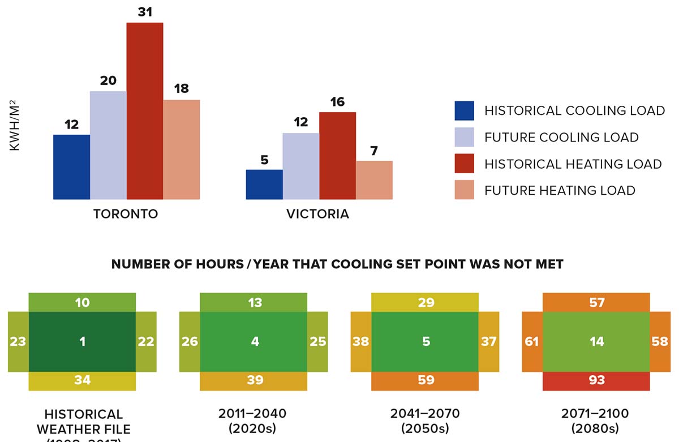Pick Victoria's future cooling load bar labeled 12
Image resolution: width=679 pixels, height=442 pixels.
(x=300, y=166)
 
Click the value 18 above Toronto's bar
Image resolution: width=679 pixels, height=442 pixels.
(x=182, y=89)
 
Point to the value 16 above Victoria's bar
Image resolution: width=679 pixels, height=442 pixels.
(x=337, y=102)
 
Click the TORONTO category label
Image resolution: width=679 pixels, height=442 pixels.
(x=126, y=214)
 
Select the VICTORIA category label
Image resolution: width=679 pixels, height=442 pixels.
(x=317, y=214)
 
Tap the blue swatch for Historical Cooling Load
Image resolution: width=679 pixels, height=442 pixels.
(x=465, y=111)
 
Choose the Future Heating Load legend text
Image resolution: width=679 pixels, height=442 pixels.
(x=560, y=191)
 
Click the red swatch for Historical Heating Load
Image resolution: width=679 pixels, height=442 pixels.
(x=465, y=164)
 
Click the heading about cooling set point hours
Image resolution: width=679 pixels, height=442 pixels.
(x=337, y=264)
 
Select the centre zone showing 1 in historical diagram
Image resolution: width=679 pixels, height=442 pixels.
(x=83, y=341)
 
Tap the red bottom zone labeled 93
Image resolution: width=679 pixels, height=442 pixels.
(x=596, y=381)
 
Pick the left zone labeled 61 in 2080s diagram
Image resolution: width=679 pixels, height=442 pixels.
(x=532, y=341)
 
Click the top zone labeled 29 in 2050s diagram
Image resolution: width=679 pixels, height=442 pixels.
(x=425, y=303)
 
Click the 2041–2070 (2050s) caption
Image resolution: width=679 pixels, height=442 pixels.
(x=425, y=420)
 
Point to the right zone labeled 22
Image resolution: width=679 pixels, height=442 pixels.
(x=146, y=341)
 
